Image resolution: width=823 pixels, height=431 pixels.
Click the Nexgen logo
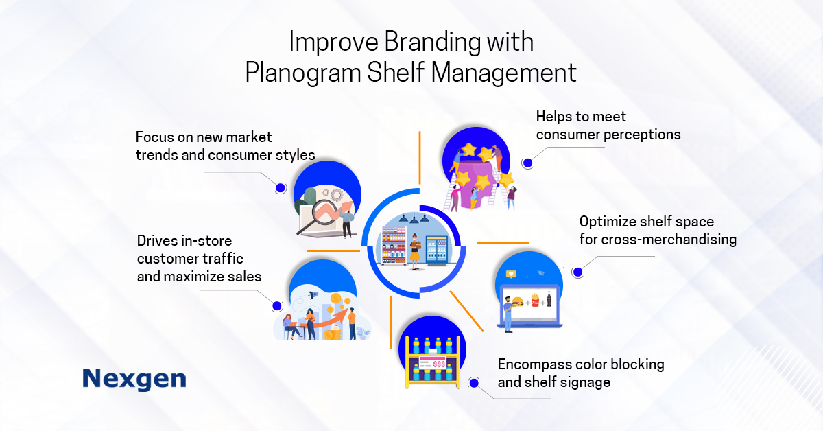[x=134, y=379]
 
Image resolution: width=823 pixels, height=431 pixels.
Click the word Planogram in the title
[x=303, y=73]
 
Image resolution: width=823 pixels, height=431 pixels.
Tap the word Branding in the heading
[x=433, y=43]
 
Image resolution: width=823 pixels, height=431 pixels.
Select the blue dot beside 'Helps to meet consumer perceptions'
[x=527, y=163]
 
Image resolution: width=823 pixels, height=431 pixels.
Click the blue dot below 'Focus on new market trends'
[x=281, y=188]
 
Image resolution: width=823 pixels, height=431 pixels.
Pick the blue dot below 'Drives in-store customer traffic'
[x=277, y=306]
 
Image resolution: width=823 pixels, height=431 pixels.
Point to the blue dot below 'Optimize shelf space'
[x=577, y=272]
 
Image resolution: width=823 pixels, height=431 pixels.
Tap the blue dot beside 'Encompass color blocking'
[x=474, y=383]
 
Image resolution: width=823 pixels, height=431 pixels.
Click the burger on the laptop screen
[x=518, y=301]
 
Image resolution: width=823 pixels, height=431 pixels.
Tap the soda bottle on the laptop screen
[x=549, y=299]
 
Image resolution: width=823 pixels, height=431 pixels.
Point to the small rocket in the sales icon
[x=313, y=294]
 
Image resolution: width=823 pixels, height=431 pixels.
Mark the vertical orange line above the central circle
[x=420, y=158]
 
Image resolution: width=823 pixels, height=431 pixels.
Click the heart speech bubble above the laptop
[x=511, y=274]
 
